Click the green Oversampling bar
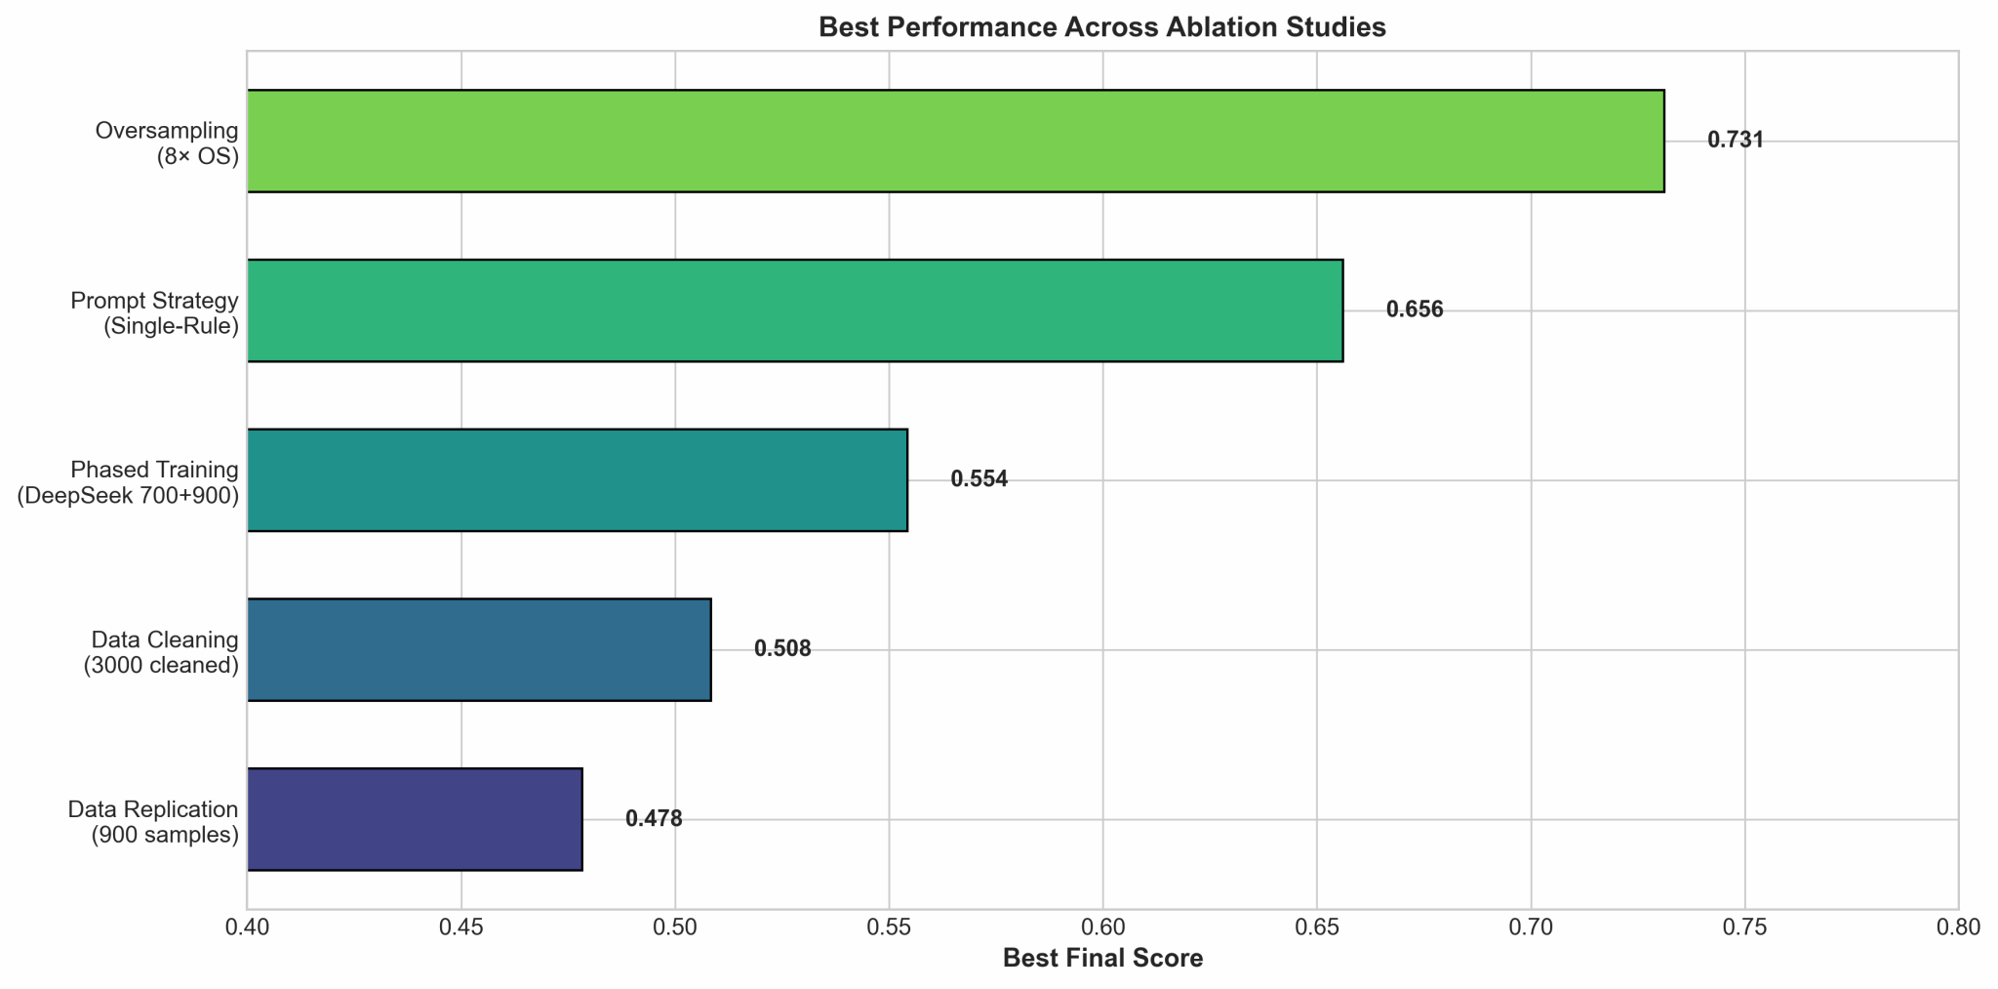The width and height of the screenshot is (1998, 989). (x=955, y=141)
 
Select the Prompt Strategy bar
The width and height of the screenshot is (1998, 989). (x=795, y=310)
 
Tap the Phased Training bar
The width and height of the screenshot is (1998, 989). (x=578, y=480)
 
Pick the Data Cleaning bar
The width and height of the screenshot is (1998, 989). (x=479, y=649)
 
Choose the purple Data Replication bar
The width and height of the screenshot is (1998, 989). (x=415, y=819)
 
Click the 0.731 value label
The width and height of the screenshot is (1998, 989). (x=1736, y=141)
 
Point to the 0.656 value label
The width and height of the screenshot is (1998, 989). (x=1415, y=310)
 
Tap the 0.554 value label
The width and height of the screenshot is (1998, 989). (x=979, y=480)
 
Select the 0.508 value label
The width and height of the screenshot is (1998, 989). (x=782, y=649)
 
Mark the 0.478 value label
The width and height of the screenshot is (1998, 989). (x=654, y=819)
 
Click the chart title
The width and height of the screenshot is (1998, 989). (x=1102, y=27)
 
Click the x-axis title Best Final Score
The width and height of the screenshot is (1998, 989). (x=1102, y=959)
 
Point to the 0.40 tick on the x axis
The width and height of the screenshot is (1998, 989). (x=248, y=927)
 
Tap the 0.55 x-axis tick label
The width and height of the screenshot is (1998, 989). (x=889, y=927)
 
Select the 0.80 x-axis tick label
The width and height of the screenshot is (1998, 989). (x=1958, y=927)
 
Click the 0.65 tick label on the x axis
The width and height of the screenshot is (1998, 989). (x=1317, y=927)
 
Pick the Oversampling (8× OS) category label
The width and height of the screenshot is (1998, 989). (x=167, y=143)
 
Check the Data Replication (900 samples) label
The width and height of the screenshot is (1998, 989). (x=153, y=821)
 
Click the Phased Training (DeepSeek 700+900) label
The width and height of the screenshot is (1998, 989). (x=128, y=482)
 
